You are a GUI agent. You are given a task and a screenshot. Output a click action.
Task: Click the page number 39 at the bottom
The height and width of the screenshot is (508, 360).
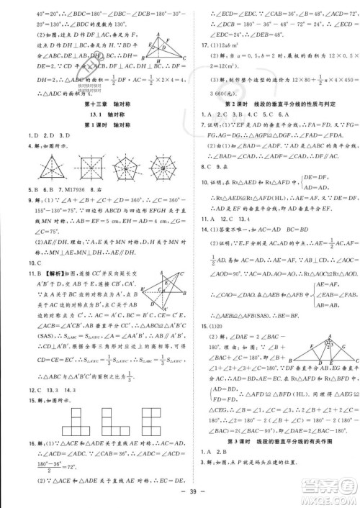point(180,491)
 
